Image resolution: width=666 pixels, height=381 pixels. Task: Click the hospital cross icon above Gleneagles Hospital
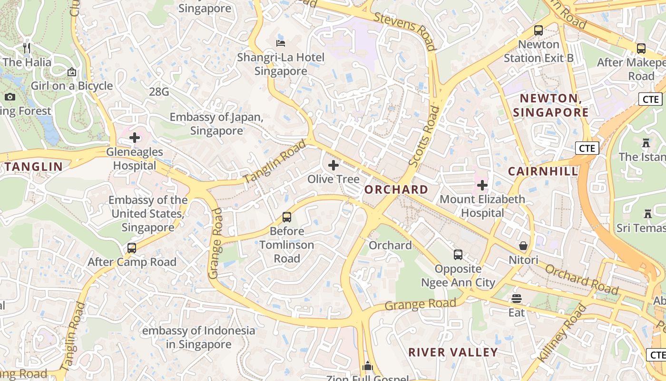(x=135, y=138)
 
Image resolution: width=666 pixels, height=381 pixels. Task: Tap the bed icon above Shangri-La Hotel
(x=281, y=43)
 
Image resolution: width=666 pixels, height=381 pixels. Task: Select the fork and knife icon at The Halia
(x=27, y=48)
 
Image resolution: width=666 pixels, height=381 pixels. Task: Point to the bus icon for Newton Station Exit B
(x=539, y=30)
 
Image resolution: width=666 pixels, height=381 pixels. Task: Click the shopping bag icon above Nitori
(x=523, y=246)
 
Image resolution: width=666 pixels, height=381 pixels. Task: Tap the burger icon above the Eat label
(x=517, y=299)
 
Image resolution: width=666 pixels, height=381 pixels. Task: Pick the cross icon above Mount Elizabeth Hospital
(x=482, y=185)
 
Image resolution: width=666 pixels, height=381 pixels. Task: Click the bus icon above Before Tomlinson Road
(x=287, y=217)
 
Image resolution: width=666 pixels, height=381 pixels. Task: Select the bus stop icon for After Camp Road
(x=132, y=248)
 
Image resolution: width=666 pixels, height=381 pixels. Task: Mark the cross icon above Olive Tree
(x=333, y=165)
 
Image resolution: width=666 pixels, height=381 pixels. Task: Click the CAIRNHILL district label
(x=543, y=171)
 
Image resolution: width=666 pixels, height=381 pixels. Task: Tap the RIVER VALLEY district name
(x=453, y=352)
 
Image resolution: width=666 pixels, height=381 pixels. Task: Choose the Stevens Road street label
(x=405, y=31)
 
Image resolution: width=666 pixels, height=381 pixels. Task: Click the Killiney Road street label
(x=562, y=333)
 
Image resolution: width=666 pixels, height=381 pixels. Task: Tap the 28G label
(x=159, y=92)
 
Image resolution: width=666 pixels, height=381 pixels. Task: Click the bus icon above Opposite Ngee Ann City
(x=458, y=255)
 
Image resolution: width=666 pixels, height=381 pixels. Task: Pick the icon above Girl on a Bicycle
(x=72, y=72)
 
